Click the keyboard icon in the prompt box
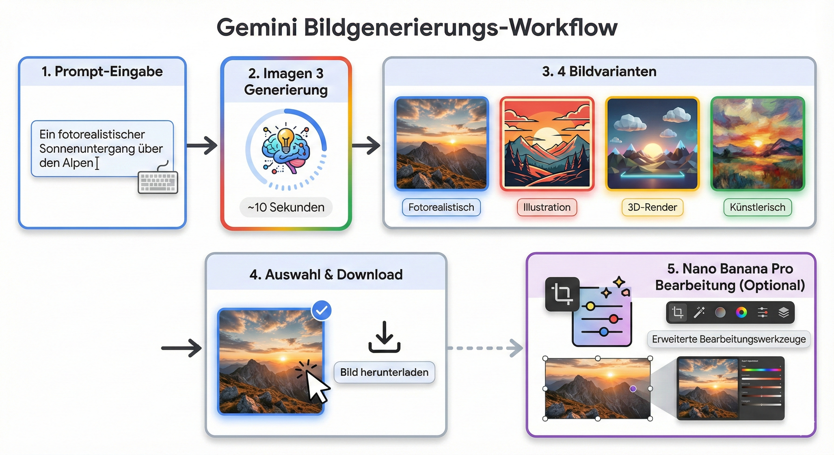click(x=158, y=182)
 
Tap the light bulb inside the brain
click(x=286, y=140)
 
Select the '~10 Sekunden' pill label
click(x=286, y=207)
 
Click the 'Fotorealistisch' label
click(x=441, y=207)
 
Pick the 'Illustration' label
click(x=546, y=207)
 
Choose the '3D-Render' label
click(x=652, y=207)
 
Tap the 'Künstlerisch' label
click(x=757, y=207)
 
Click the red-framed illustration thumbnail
click(x=546, y=143)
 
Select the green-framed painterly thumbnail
click(x=757, y=143)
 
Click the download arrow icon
click(x=384, y=337)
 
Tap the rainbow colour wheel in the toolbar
click(x=741, y=313)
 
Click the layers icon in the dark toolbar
click(x=783, y=313)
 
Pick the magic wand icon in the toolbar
click(x=699, y=313)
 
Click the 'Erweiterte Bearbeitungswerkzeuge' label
click(x=729, y=339)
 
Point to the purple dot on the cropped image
click(x=633, y=389)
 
